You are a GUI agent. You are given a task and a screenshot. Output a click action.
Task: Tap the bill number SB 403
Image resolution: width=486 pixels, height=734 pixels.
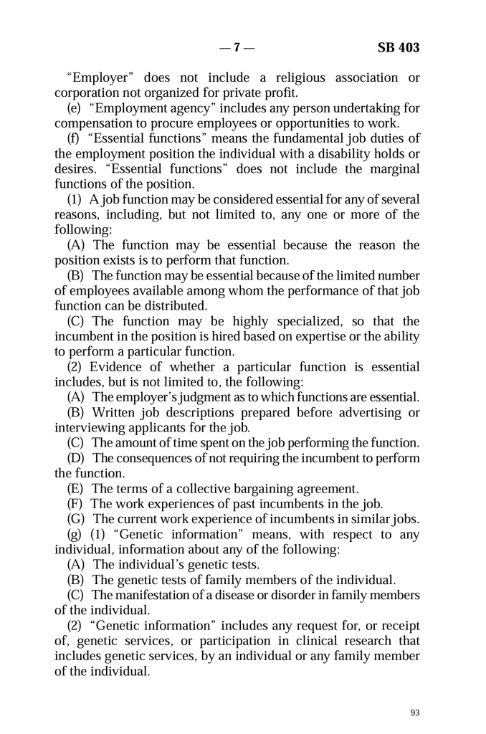point(398,49)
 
